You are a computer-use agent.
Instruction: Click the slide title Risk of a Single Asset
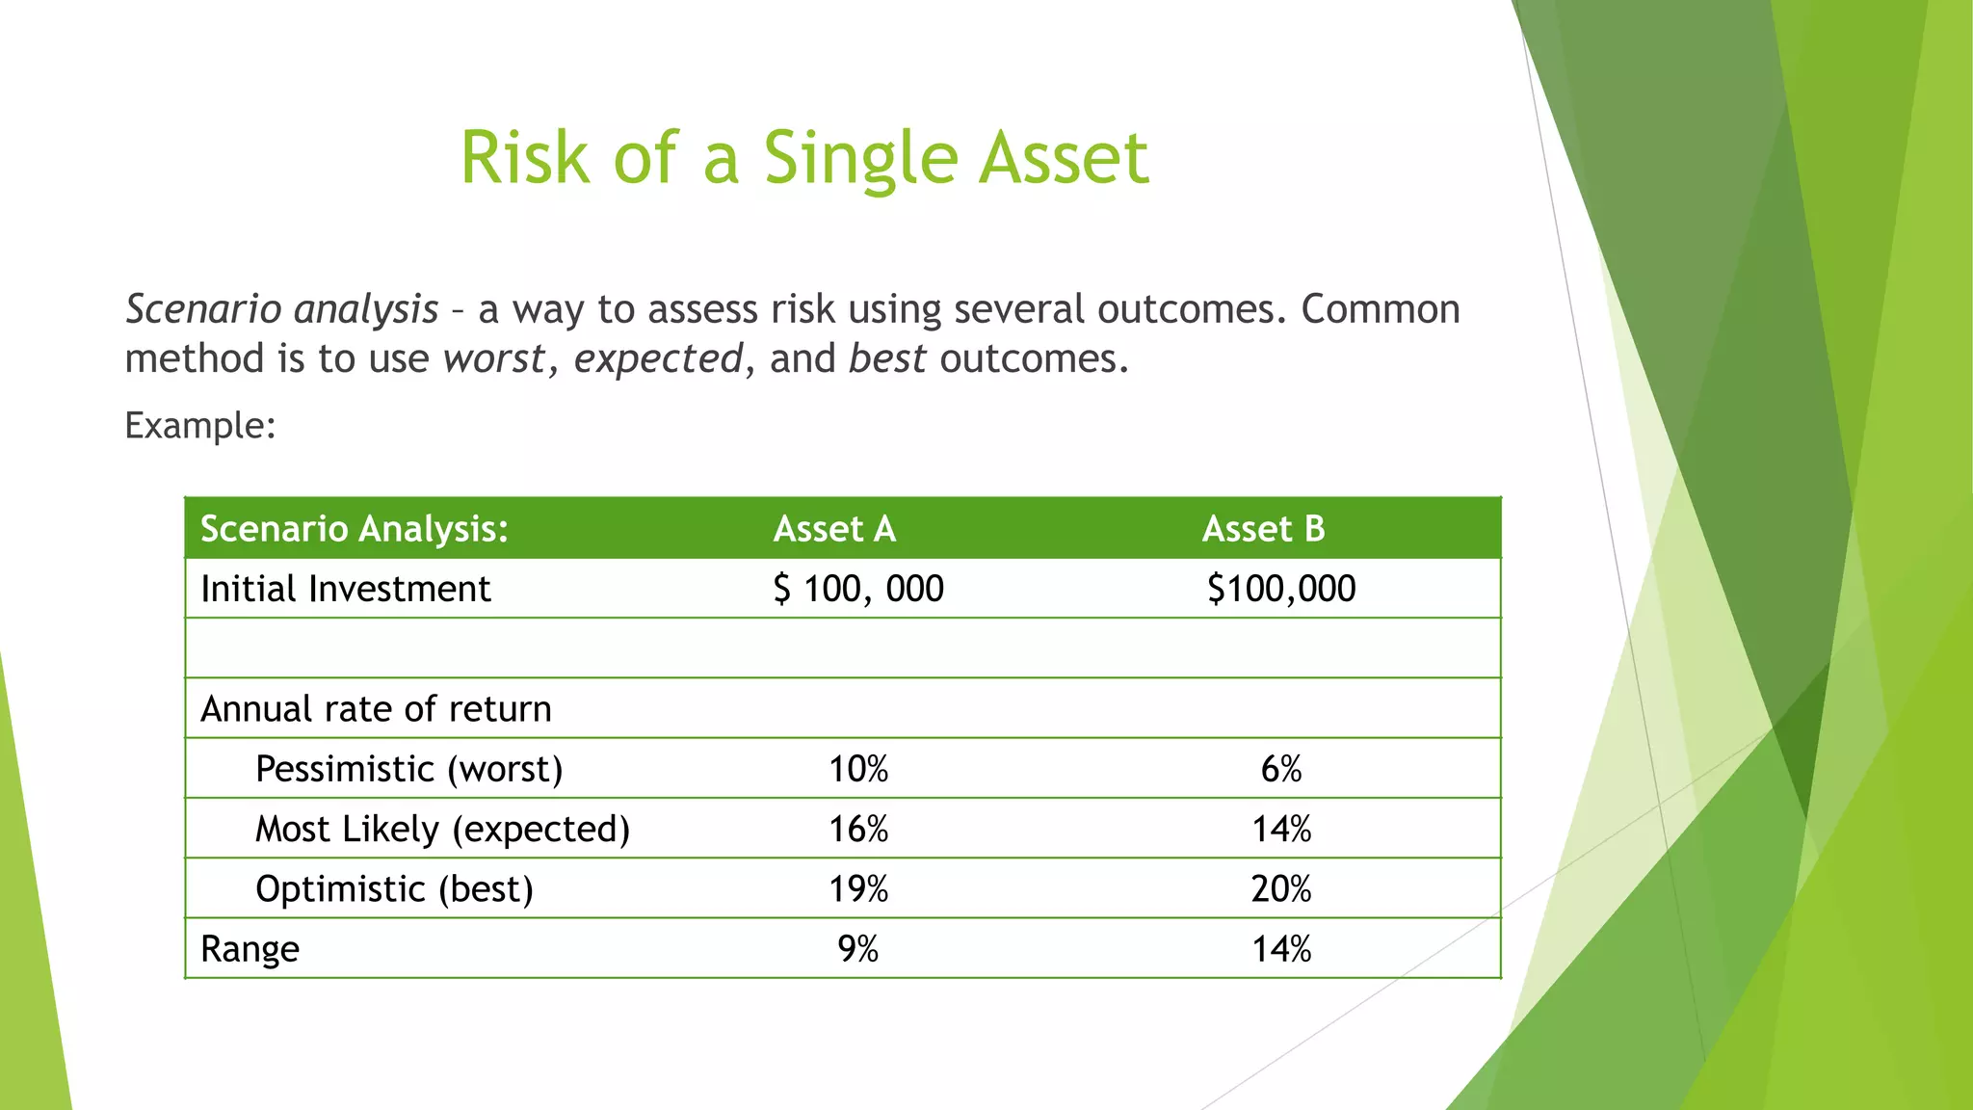(x=804, y=158)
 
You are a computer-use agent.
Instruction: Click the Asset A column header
(x=834, y=529)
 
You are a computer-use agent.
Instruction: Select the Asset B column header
(x=1263, y=529)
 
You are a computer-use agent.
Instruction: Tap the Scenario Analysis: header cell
(x=354, y=529)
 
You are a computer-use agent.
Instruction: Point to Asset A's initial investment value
(x=858, y=589)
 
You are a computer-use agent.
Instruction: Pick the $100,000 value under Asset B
(x=1281, y=589)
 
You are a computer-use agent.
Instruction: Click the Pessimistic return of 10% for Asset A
(x=858, y=769)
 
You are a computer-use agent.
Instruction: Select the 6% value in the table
(x=1281, y=769)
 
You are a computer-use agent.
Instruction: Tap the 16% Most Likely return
(x=858, y=829)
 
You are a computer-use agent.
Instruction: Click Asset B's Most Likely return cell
(x=1281, y=829)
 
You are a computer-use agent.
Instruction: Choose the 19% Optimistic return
(x=858, y=888)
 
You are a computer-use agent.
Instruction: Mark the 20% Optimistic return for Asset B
(x=1281, y=888)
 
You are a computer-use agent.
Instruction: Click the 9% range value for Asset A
(x=858, y=949)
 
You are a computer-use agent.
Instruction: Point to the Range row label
(x=250, y=949)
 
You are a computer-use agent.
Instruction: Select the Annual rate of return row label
(x=376, y=709)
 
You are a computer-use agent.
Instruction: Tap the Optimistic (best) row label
(x=394, y=888)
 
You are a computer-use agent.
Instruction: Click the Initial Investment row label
(x=345, y=589)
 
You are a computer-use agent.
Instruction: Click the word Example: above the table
(x=200, y=425)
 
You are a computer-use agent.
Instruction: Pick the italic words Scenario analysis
(x=282, y=309)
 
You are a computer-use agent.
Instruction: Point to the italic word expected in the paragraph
(x=658, y=359)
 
